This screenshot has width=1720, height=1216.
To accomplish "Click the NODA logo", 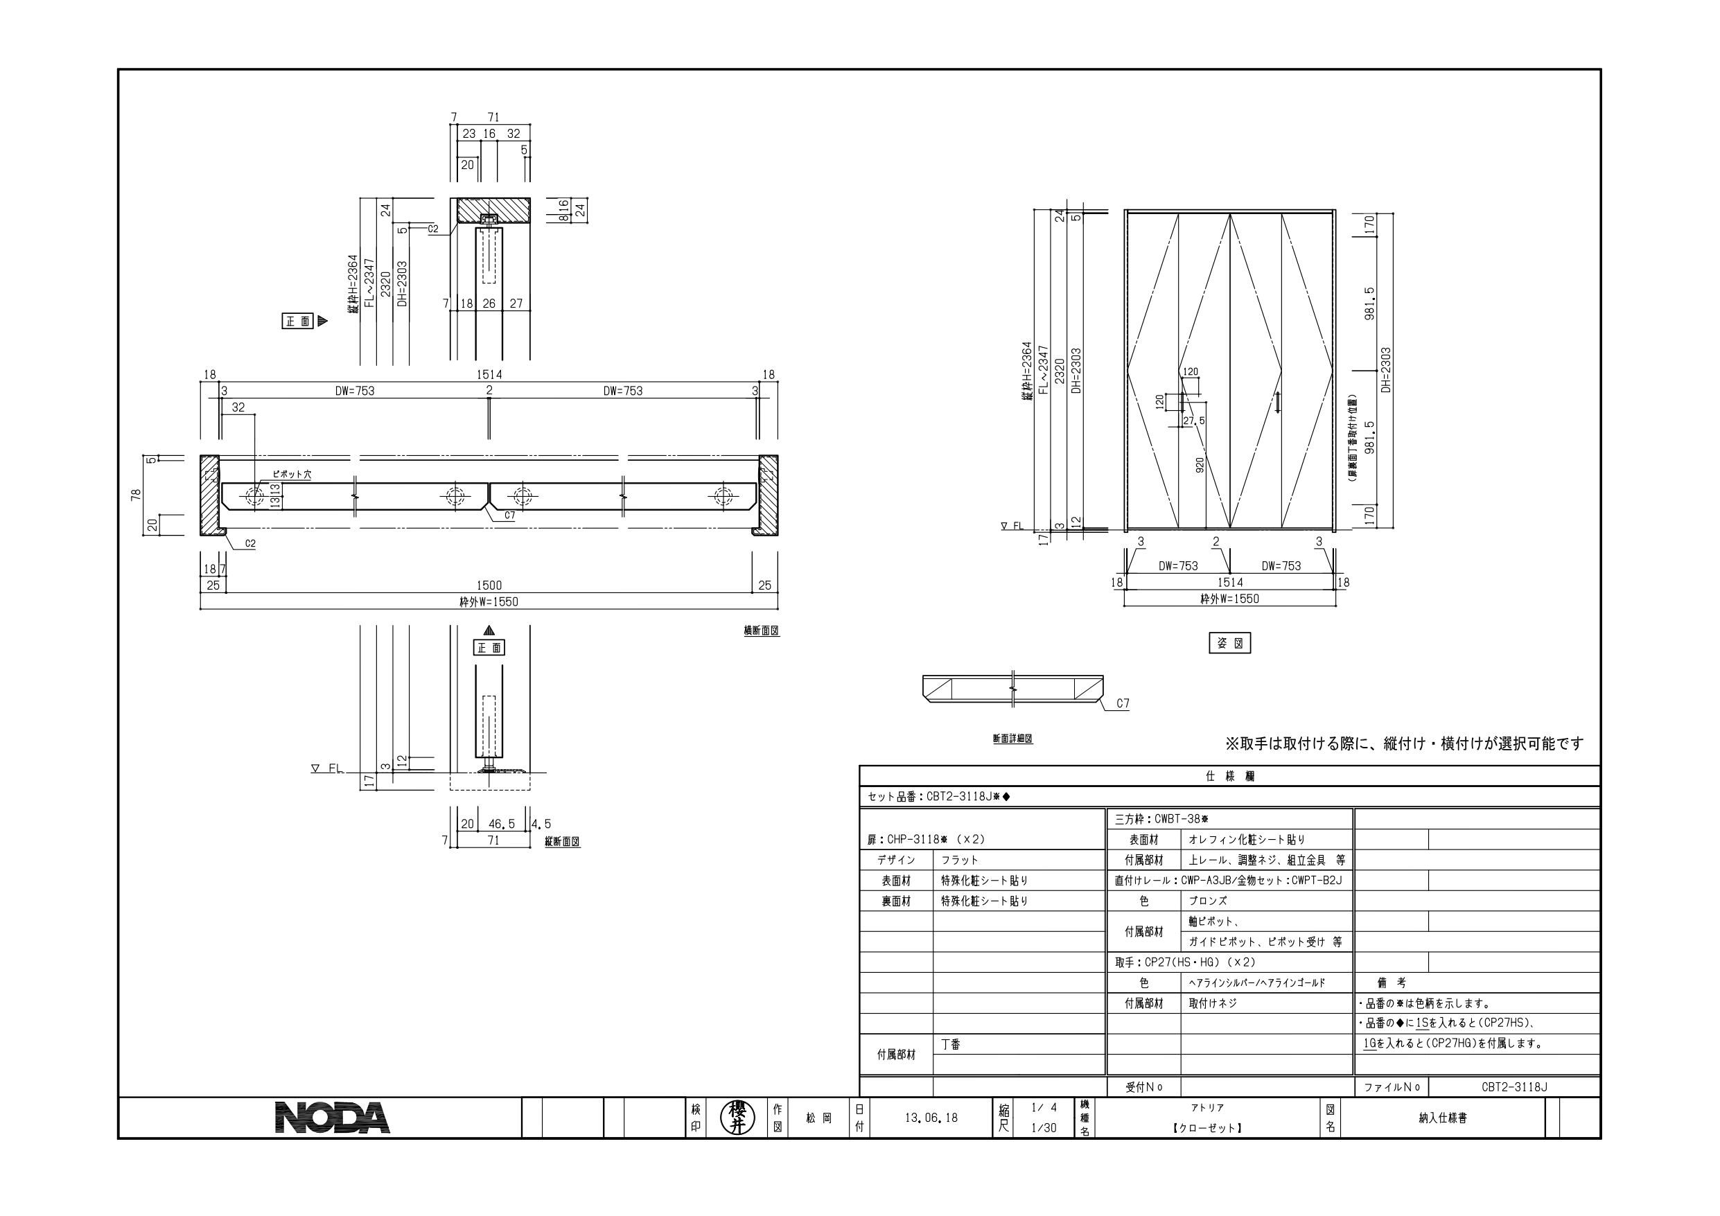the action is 333,1117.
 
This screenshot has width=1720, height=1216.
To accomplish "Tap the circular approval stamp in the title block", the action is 738,1118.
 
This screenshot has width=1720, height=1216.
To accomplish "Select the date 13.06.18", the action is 931,1118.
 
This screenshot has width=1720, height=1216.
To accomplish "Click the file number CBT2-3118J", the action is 1514,1087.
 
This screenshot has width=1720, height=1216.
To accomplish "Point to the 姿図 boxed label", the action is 1230,643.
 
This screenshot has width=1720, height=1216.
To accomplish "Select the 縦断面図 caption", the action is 562,841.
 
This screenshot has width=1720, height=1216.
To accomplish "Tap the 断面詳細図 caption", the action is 1013,738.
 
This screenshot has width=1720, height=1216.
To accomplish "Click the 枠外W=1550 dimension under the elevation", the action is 1229,599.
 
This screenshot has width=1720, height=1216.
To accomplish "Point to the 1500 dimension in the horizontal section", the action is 489,585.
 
